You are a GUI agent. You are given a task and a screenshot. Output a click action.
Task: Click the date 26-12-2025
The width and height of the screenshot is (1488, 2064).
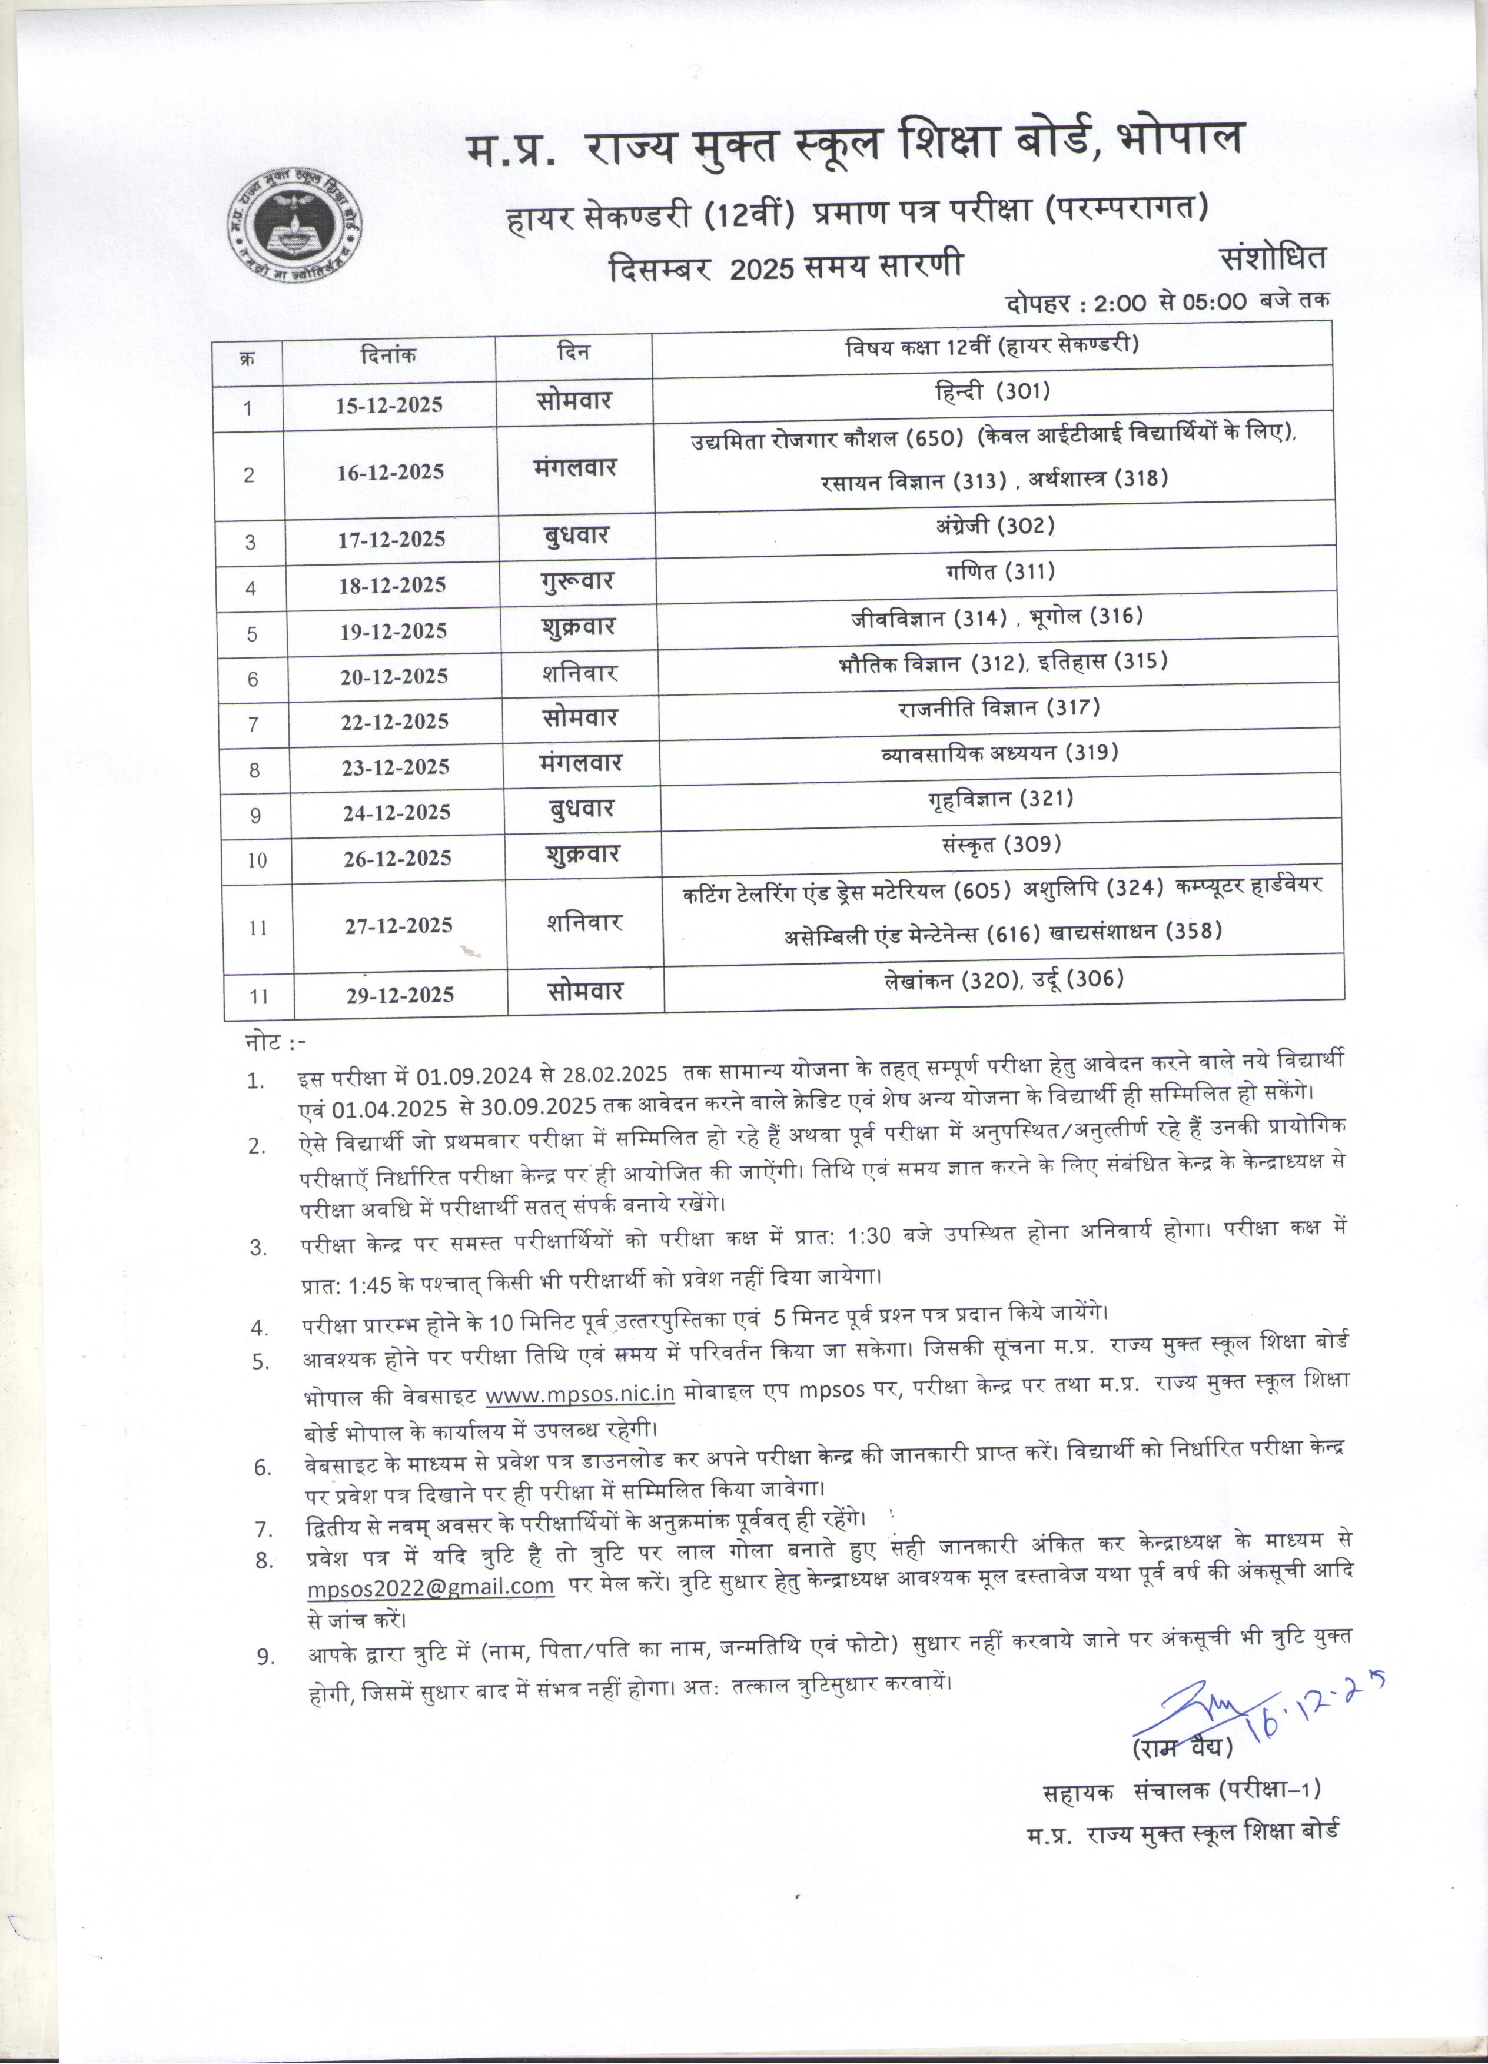pyautogui.click(x=397, y=858)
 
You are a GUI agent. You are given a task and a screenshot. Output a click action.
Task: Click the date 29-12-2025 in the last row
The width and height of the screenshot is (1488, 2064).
pyautogui.click(x=400, y=995)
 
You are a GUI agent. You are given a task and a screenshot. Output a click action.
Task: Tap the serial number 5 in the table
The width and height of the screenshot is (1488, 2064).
pyautogui.click(x=252, y=633)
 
